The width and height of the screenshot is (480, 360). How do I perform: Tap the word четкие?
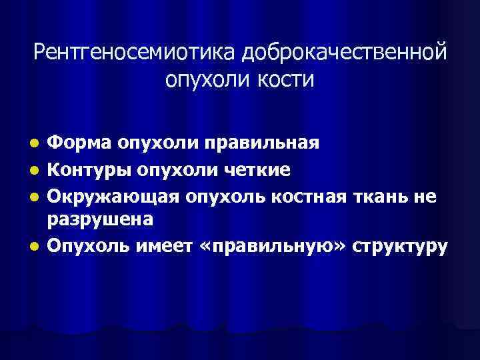[x=256, y=171]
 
